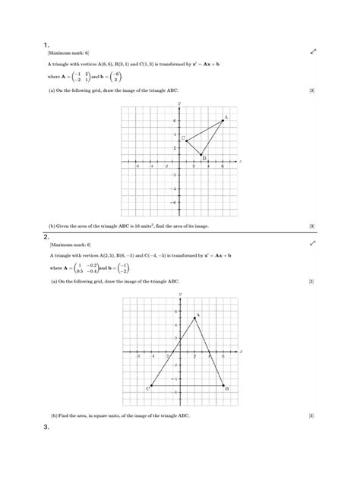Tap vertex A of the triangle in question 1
223,120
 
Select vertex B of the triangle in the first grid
201,155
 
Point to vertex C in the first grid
186,141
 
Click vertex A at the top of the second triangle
194,317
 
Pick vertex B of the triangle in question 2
223,386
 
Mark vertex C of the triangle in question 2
152,386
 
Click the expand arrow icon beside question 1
312,52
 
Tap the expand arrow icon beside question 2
312,245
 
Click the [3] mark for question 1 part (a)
312,91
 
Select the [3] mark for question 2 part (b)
312,416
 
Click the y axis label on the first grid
179,103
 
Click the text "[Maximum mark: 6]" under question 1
69,52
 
